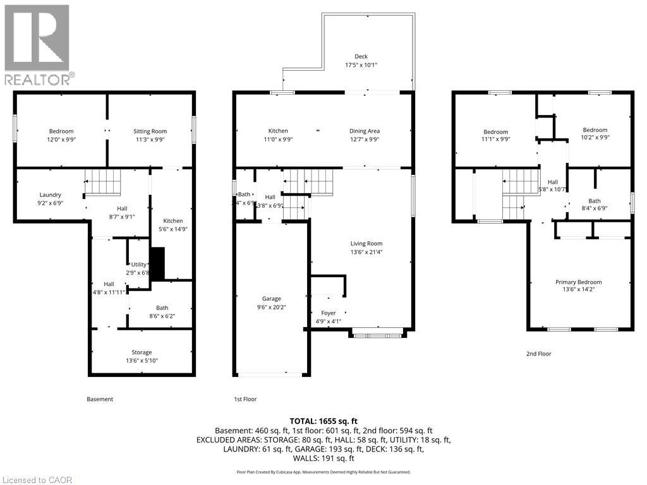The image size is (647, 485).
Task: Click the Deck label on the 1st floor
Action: [x=361, y=56]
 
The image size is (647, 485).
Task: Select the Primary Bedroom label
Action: [x=578, y=282]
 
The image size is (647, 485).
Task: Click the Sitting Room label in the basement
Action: [x=150, y=131]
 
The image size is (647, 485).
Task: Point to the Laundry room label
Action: [x=50, y=195]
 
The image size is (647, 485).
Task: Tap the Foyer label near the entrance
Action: [x=329, y=313]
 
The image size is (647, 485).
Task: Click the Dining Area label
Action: [x=365, y=131]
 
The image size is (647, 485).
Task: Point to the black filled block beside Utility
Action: [x=157, y=263]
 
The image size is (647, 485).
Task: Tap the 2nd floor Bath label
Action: [x=595, y=201]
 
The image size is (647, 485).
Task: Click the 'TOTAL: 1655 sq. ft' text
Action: [x=323, y=421]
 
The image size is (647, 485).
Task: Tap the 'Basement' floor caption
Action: [x=100, y=399]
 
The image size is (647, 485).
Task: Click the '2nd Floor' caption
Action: [x=538, y=354]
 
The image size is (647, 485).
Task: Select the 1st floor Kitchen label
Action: [x=278, y=131]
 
